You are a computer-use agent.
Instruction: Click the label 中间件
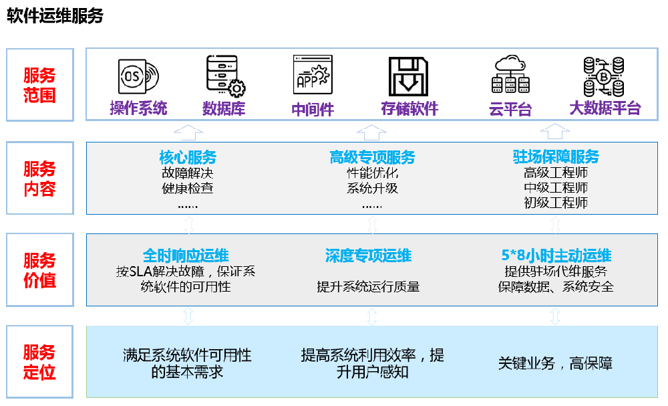coord(313,109)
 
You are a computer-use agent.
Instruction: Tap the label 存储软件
coord(409,108)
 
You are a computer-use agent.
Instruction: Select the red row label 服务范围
coord(39,85)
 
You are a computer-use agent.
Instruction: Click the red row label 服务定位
coord(39,362)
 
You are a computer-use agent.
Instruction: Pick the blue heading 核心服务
coord(188,157)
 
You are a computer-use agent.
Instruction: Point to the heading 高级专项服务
coord(372,157)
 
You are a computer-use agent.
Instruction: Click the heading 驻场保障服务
coord(556,157)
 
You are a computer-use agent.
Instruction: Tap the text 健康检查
coord(188,188)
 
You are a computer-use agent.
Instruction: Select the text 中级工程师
coord(556,188)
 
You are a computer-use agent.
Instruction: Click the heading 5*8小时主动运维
coord(556,255)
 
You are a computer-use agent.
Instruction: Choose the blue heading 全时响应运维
coord(186,255)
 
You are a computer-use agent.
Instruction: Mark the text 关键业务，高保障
coord(555,363)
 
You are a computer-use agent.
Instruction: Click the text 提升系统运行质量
coord(368,287)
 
